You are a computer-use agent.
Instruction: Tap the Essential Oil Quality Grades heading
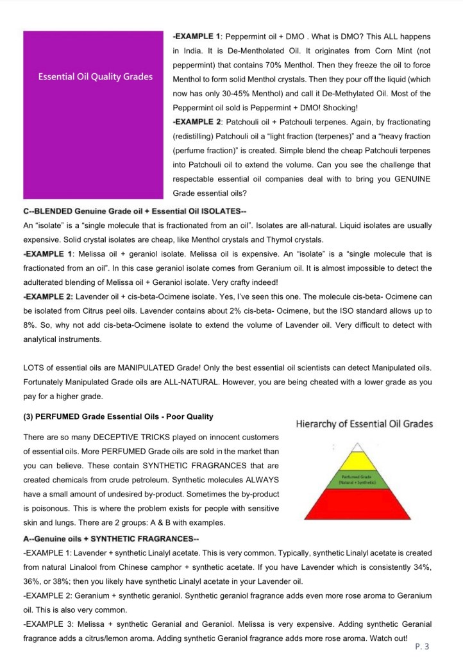(x=96, y=77)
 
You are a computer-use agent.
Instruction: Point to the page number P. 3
(x=422, y=646)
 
